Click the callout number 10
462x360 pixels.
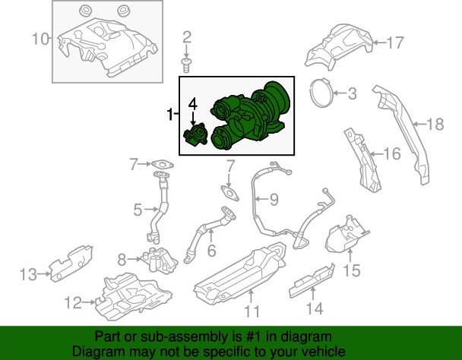41,39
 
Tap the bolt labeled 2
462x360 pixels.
185,65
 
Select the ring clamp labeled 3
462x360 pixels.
321,93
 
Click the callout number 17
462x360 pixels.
395,43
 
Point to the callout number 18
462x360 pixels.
435,124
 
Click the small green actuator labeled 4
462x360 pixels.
195,134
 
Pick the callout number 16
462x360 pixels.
392,153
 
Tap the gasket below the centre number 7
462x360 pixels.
229,193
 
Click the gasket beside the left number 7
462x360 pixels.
163,165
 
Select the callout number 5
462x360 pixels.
138,210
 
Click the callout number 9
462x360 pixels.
274,200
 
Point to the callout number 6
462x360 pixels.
211,251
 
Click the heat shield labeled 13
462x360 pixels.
71,263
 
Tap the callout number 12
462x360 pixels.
73,302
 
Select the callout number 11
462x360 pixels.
252,311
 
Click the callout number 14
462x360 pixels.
315,308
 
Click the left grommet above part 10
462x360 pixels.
86,11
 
